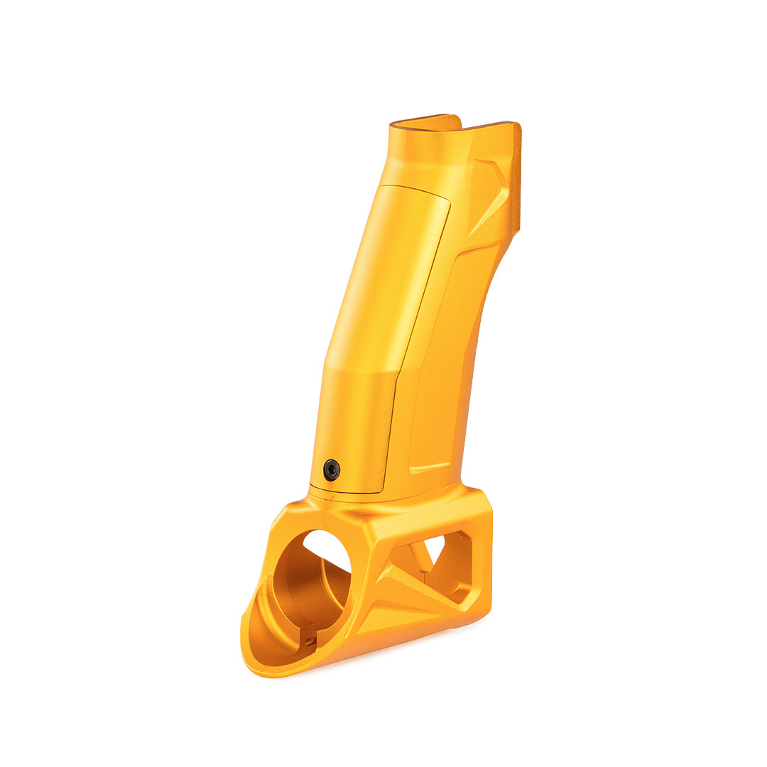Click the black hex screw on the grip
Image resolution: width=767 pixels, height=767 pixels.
tap(332, 469)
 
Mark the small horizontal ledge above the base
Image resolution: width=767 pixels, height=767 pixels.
tap(429, 469)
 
